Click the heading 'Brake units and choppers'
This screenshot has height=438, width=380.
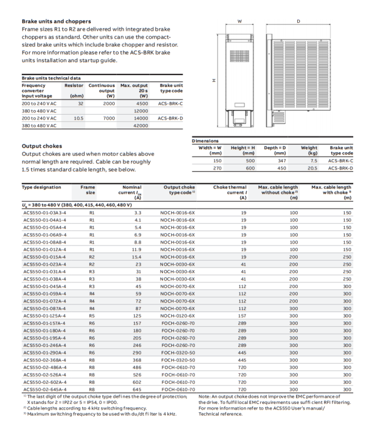click(x=58, y=21)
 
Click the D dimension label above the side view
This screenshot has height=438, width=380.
click(x=298, y=21)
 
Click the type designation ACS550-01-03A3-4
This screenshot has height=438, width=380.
click(x=44, y=213)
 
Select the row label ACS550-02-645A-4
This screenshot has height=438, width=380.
click(x=44, y=389)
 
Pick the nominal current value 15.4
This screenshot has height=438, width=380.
click(x=135, y=256)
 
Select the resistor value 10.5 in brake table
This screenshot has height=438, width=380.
click(x=78, y=119)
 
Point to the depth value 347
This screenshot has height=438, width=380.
click(x=275, y=160)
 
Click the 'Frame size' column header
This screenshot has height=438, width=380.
click(x=88, y=190)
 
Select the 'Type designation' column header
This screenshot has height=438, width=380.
click(x=41, y=187)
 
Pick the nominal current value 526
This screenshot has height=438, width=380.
click(x=134, y=374)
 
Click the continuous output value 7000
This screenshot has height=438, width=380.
click(x=109, y=119)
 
